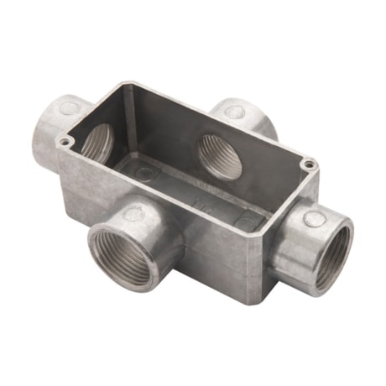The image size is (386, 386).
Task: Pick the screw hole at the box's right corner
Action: [x=310, y=164]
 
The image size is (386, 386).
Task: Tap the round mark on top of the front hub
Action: [x=133, y=215]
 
